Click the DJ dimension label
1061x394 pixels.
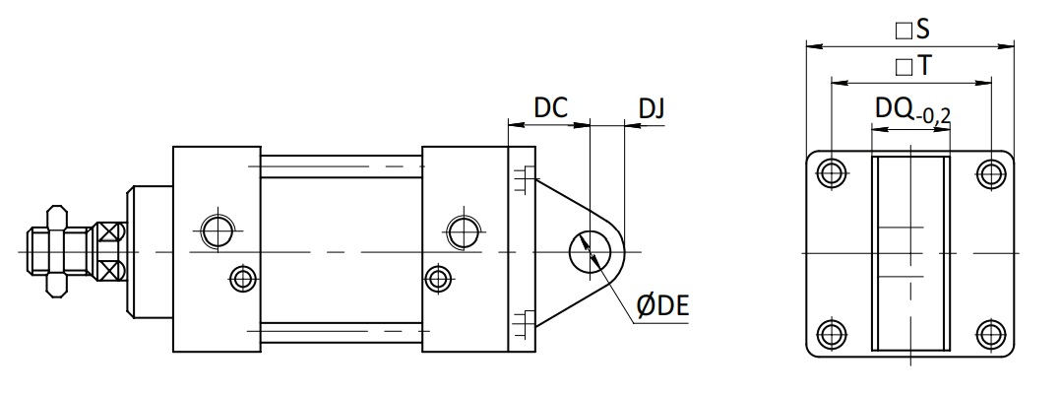(x=651, y=108)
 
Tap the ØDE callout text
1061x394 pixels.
(x=662, y=306)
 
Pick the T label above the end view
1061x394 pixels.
(x=912, y=66)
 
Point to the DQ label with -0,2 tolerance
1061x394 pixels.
(x=912, y=110)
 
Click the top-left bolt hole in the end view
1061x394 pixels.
(x=832, y=172)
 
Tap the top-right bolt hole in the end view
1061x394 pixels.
(x=991, y=172)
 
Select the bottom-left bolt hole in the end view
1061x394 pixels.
(x=832, y=335)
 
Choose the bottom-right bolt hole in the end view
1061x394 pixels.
(x=991, y=335)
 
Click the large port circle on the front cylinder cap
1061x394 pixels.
(x=218, y=230)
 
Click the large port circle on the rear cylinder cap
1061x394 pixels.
(x=464, y=231)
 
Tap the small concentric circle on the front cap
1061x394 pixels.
(x=243, y=278)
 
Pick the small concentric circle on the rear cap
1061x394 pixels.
(x=439, y=278)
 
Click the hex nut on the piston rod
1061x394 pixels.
(x=57, y=252)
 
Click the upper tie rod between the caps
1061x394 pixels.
(x=341, y=166)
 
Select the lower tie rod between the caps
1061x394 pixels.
(x=341, y=332)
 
